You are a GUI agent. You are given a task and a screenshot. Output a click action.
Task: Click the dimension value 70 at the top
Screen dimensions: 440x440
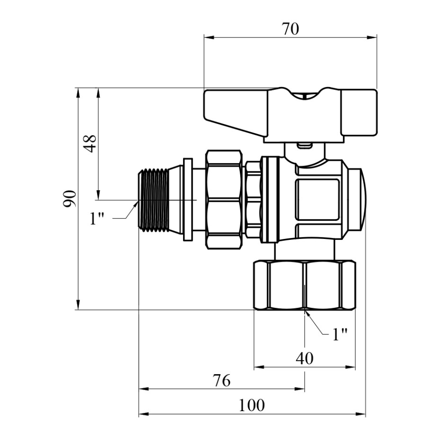click(290, 29)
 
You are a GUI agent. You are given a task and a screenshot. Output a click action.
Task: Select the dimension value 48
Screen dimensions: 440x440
click(90, 144)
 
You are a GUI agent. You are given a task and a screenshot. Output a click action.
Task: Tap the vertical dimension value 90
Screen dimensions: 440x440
click(69, 199)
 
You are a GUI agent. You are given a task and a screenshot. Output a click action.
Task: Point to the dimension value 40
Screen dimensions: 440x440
click(305, 358)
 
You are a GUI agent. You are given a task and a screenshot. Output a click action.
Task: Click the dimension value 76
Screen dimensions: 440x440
click(221, 380)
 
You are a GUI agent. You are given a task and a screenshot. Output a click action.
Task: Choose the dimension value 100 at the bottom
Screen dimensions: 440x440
click(251, 405)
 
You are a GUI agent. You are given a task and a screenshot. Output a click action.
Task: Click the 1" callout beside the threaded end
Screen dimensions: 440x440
click(97, 219)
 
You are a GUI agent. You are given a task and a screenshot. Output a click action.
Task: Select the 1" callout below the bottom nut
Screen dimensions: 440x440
click(340, 334)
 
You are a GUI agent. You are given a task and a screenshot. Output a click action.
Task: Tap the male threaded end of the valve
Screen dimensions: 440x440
click(154, 200)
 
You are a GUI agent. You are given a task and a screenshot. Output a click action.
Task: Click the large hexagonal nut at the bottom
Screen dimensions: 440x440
click(305, 285)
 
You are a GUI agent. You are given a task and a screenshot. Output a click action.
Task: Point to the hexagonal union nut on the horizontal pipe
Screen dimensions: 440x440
click(224, 200)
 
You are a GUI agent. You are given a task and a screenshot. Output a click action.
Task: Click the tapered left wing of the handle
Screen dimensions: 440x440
click(236, 112)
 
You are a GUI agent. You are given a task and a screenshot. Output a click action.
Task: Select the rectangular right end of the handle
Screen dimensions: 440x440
click(359, 113)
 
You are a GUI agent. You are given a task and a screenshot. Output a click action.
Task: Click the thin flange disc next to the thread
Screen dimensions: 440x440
click(188, 200)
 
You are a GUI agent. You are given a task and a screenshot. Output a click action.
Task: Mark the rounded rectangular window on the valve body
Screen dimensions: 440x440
click(317, 200)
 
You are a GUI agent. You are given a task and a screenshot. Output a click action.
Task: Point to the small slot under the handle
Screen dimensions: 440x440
click(305, 146)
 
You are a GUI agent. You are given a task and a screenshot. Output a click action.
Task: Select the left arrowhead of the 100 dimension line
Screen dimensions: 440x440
click(144, 414)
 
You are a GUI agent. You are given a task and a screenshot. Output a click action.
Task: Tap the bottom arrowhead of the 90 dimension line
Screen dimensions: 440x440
click(78, 305)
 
